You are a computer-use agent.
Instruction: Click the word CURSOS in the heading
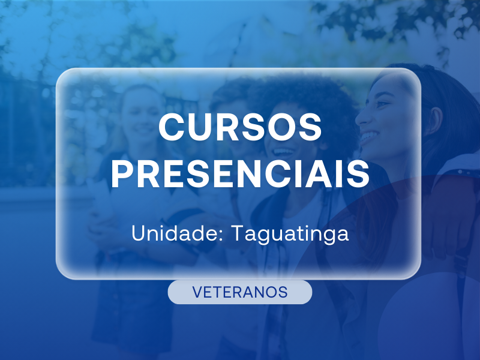(x=240, y=127)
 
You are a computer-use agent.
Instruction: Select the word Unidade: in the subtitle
(x=177, y=233)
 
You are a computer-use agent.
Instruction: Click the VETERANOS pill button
(x=240, y=292)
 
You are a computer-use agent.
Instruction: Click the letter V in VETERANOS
(x=197, y=292)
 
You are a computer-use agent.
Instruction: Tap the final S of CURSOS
(x=310, y=127)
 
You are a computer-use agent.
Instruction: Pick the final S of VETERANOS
(x=283, y=292)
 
